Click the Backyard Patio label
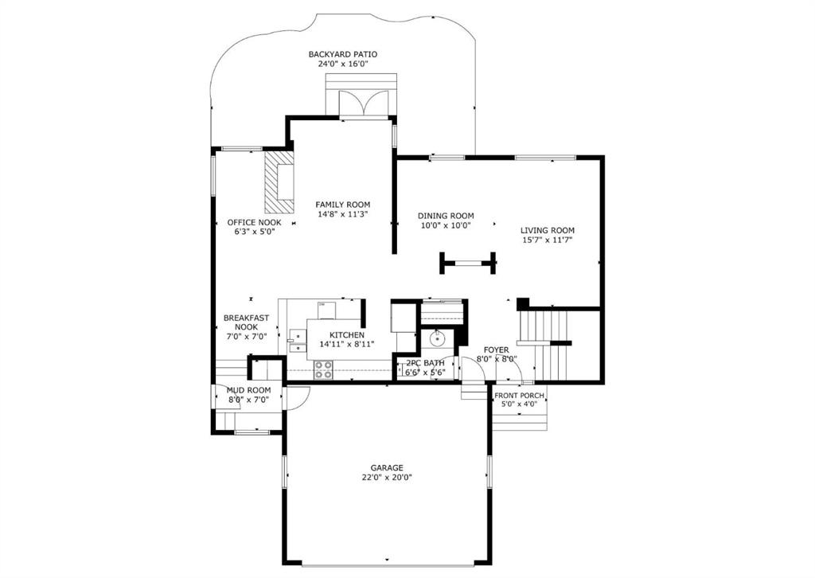coord(342,54)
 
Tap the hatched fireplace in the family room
coord(279,182)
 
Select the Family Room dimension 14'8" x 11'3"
coord(342,214)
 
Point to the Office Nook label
coord(254,222)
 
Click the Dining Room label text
coord(446,216)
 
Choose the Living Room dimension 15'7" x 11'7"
coord(548,240)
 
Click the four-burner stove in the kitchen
coord(323,369)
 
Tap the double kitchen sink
coord(298,341)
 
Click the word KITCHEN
coord(347,335)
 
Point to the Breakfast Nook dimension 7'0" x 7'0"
coord(247,336)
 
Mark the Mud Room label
coord(248,390)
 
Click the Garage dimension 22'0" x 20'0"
coord(387,477)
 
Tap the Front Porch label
coord(519,396)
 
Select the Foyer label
coord(497,350)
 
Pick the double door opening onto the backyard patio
coord(364,105)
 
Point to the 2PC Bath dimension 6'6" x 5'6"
coord(426,372)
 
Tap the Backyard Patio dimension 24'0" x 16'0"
coord(342,64)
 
